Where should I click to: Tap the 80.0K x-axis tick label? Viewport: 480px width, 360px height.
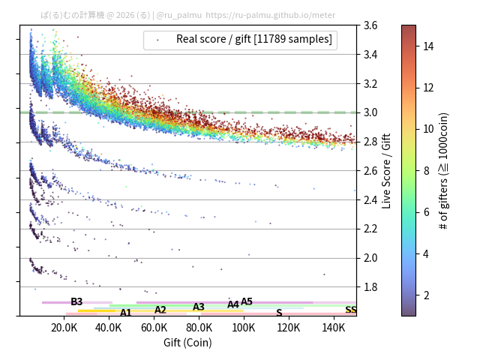pos(199,327)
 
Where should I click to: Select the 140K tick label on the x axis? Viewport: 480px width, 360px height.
pos(334,327)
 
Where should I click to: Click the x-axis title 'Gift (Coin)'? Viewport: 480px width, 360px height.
pos(187,343)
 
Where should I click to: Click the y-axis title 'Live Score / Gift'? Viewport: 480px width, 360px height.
pos(386,170)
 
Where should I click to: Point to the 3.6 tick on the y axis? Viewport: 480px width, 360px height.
pos(370,25)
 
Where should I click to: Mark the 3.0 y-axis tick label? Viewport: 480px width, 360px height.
pos(370,112)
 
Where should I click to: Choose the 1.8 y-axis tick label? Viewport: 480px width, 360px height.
pos(370,287)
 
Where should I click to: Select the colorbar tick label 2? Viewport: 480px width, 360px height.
pos(426,295)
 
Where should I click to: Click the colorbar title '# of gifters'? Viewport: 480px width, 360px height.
pos(443,170)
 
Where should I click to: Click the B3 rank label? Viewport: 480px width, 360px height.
pos(76,301)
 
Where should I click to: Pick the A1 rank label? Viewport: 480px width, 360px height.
pos(126,313)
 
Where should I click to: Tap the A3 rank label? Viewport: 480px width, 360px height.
pos(199,307)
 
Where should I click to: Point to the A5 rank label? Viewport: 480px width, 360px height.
pos(247,301)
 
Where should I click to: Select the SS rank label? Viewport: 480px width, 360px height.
pos(351,310)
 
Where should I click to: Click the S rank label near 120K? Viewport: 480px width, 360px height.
pos(279,313)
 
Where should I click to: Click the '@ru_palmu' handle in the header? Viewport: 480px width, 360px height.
pos(179,14)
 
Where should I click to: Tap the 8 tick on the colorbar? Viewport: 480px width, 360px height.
pos(426,171)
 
